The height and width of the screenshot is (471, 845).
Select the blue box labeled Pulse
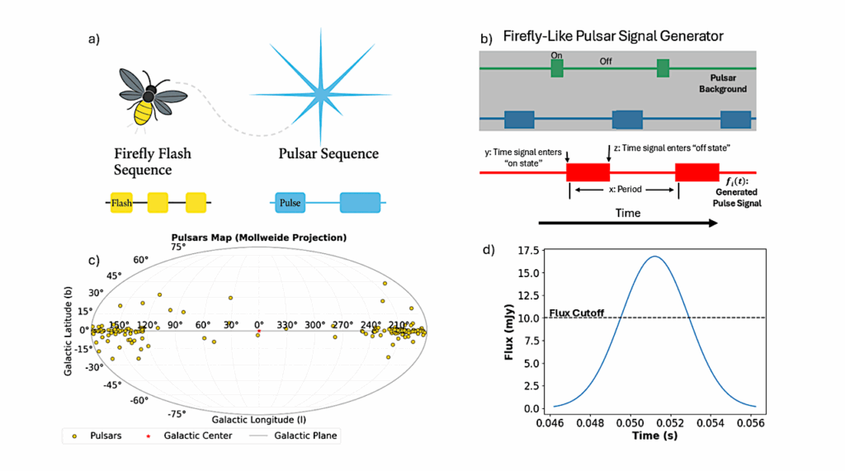point(290,202)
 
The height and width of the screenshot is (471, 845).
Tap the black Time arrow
point(627,223)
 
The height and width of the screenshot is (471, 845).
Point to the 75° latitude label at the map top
point(177,247)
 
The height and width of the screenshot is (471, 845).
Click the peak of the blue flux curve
point(654,257)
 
